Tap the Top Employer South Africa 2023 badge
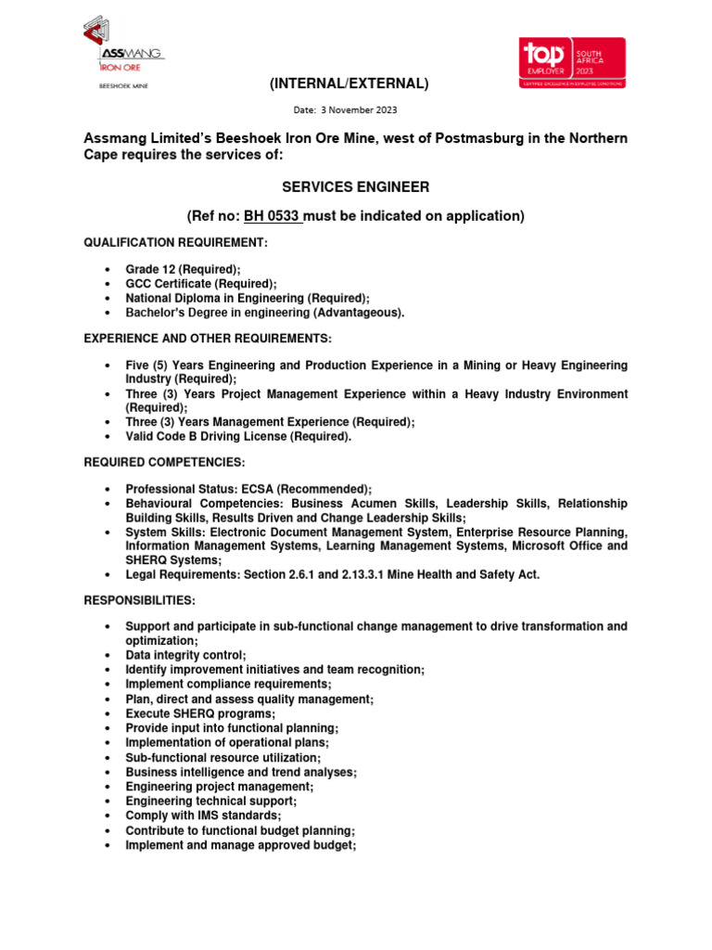[x=572, y=62]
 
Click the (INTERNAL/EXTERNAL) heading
[x=349, y=84]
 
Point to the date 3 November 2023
[x=345, y=110]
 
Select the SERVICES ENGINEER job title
[x=356, y=187]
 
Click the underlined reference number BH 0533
[x=272, y=216]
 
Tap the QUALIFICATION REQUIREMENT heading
[x=175, y=242]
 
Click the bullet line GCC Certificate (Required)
[x=200, y=284]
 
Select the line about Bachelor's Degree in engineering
[x=264, y=313]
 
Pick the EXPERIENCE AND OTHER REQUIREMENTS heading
[x=208, y=338]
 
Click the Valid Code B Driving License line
[x=238, y=437]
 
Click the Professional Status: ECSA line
[x=248, y=489]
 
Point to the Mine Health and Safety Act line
[x=332, y=575]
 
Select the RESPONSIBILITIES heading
[x=140, y=601]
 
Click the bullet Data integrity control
[x=185, y=655]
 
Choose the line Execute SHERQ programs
[x=200, y=713]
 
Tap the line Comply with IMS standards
[x=203, y=815]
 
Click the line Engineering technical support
[x=211, y=801]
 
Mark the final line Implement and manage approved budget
[x=241, y=845]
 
